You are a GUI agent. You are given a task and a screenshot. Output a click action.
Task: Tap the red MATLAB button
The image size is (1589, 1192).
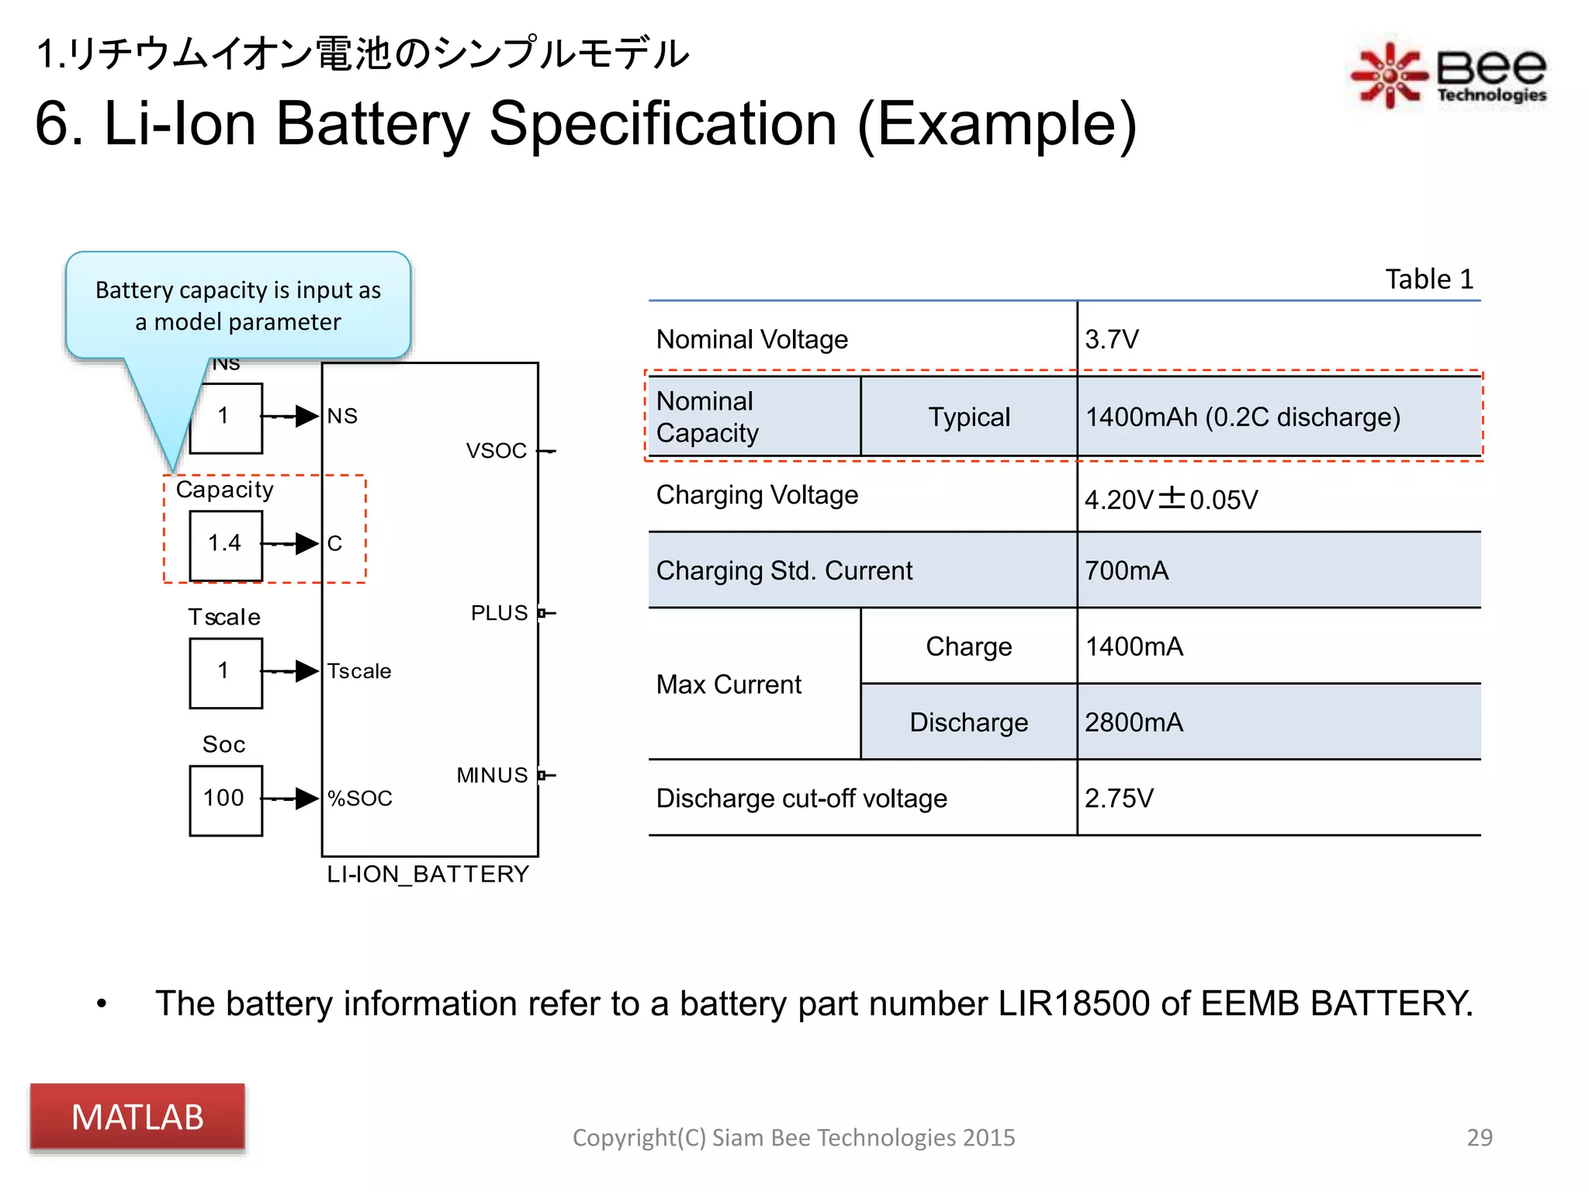137,1117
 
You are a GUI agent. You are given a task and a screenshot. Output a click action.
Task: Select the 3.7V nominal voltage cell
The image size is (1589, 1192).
1112,339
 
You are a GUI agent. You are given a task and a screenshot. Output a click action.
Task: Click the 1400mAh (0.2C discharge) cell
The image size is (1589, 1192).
1242,418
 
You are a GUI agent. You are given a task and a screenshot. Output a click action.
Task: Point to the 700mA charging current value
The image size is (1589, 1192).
1127,570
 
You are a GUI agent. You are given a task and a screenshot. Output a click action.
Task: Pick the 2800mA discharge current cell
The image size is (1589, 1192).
1134,722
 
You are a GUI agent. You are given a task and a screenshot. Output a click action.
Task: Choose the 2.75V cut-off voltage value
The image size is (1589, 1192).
1119,798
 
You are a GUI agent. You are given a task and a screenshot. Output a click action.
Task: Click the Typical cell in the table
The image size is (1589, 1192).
969,418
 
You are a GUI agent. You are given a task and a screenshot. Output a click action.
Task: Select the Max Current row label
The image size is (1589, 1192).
729,684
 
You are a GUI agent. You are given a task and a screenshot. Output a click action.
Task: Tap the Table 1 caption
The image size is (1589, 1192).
1429,279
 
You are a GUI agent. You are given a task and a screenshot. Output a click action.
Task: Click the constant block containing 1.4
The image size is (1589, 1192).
226,543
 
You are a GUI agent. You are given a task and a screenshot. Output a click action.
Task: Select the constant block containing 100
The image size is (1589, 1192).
226,799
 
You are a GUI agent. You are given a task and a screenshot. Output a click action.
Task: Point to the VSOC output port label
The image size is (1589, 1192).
497,451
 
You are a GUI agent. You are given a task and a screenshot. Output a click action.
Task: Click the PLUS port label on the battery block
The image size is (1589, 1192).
499,613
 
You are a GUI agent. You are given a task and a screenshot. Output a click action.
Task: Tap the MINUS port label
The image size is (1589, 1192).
492,775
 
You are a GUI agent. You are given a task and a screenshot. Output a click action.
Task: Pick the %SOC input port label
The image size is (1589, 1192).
360,799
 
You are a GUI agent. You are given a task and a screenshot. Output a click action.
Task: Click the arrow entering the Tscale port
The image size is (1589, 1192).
299,671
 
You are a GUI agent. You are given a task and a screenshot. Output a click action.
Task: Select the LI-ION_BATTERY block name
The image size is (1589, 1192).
428,875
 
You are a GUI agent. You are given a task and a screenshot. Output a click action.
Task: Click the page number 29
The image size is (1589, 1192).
1479,1138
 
